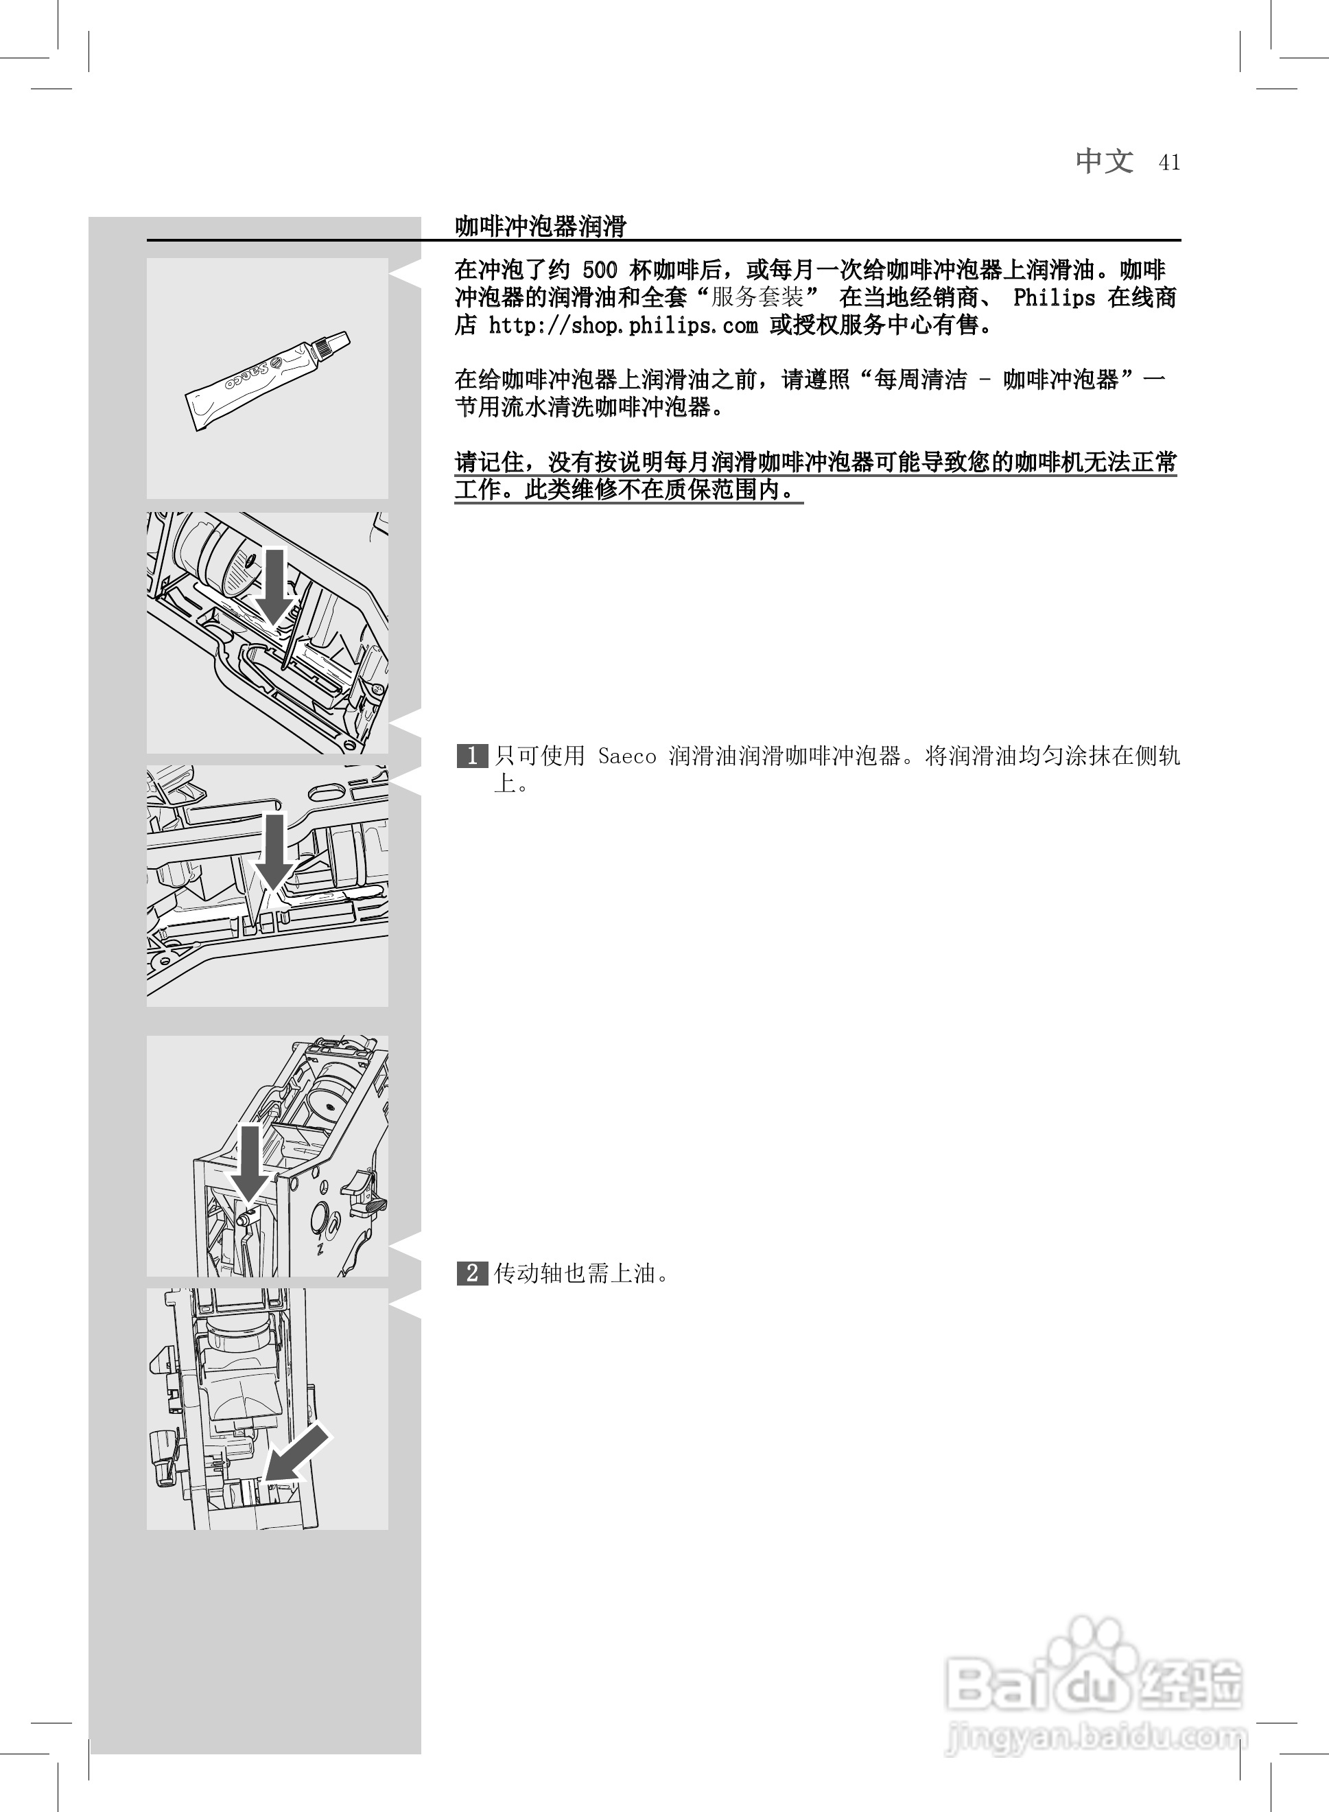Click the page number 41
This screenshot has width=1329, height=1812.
coord(1169,163)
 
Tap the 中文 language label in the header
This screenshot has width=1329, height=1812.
coord(1105,161)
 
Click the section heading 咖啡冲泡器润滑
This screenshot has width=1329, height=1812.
coord(540,226)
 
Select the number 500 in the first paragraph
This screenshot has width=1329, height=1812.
coord(600,270)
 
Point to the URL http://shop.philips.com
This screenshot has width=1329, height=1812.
coord(623,325)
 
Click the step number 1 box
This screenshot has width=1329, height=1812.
coord(471,756)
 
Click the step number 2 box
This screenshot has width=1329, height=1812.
coord(471,1273)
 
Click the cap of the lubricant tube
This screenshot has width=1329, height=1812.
coord(333,345)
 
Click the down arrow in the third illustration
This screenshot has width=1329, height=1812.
coord(274,851)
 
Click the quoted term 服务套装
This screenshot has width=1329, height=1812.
coord(757,298)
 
